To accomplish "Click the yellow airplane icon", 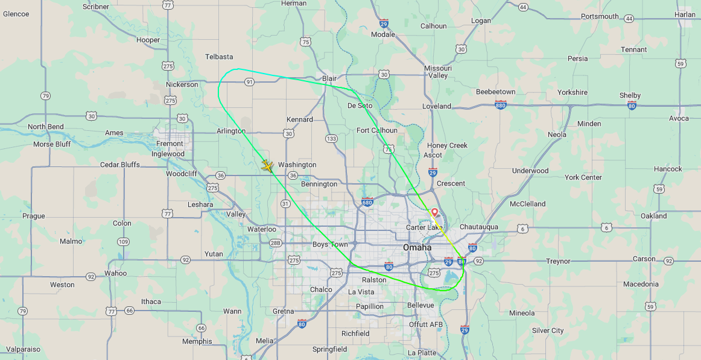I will pos(268,165).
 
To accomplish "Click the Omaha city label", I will pos(417,248).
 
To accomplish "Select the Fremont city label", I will pos(170,144).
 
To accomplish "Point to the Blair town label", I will pos(329,78).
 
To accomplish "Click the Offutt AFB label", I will pos(426,324).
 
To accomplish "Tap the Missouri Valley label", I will pos(439,72).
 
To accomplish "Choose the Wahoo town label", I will pos(115,273).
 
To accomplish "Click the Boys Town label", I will pos(330,244).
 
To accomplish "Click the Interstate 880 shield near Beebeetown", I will pos(500,105).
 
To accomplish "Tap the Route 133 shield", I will pos(331,139).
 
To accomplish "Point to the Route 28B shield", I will pos(275,243).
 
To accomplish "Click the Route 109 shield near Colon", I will pos(123,242).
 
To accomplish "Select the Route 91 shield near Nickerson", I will pos(249,81).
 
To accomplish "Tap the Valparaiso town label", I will pos(23,349).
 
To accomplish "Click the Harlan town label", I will pos(685,14).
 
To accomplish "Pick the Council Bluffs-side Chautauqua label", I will pos(479,227).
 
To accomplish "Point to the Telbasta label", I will pos(219,57).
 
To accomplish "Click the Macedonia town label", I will pos(641,284).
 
